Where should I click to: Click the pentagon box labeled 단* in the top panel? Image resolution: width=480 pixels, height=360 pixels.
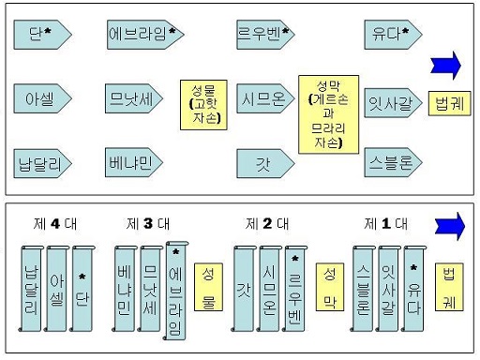tap(42, 35)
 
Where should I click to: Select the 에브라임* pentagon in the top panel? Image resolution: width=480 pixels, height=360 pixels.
tap(145, 35)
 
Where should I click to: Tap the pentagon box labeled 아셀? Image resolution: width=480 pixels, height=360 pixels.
tap(42, 98)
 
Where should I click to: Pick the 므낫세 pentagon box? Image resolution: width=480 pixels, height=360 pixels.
tap(134, 98)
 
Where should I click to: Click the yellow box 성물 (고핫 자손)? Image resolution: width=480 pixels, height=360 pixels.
tap(203, 105)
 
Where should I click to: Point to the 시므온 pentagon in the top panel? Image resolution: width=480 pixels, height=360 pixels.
tap(265, 98)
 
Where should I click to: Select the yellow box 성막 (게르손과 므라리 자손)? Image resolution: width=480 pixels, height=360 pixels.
tap(329, 114)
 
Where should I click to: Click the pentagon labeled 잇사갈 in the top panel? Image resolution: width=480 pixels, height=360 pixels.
tap(393, 103)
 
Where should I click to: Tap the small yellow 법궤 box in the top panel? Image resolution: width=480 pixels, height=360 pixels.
tap(449, 103)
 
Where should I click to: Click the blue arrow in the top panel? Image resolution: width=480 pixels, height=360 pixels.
tap(446, 66)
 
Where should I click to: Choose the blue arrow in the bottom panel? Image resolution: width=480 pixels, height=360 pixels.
tap(450, 226)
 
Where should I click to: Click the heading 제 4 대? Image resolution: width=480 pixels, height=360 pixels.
tap(55, 224)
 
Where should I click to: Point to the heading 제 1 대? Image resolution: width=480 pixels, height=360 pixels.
tap(386, 224)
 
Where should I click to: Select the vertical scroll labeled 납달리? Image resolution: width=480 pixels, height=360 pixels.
tap(31, 289)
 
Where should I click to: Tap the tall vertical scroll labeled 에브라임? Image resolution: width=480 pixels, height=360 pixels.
tap(175, 291)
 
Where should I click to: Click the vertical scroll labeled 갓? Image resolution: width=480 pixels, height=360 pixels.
tap(244, 289)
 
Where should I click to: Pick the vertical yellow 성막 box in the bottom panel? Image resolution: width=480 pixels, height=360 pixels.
tap(330, 287)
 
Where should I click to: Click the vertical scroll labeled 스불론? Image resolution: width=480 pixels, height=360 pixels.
tap(363, 289)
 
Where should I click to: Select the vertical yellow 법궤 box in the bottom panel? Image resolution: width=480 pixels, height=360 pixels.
tap(449, 287)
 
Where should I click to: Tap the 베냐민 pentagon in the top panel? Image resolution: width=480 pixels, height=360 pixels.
tap(134, 162)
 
